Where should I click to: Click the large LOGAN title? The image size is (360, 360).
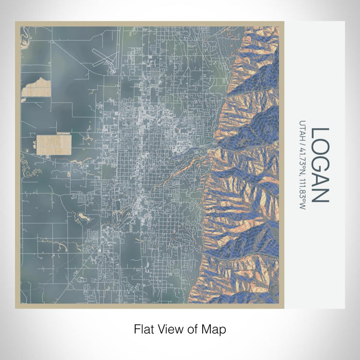pos(319,165)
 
